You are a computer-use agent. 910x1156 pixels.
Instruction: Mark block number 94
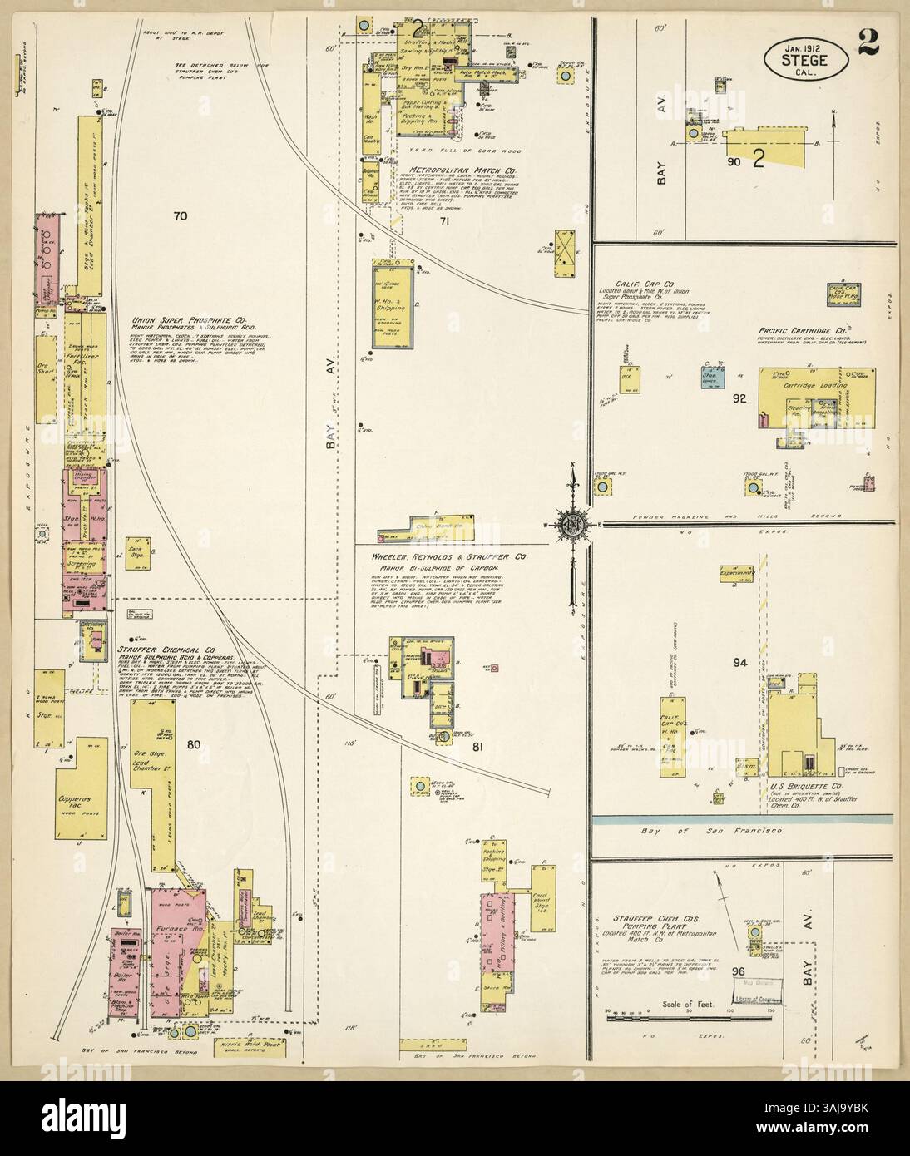(741, 663)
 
